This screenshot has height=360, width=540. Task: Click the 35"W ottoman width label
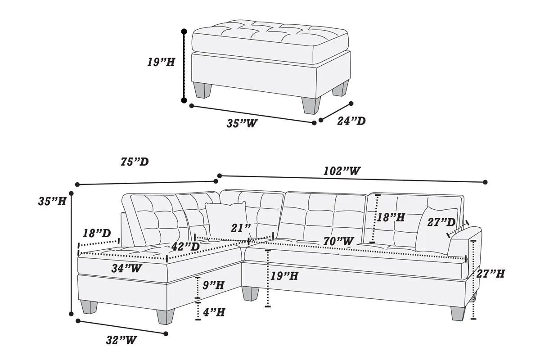pos(242,123)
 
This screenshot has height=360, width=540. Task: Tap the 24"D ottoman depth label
pos(351,121)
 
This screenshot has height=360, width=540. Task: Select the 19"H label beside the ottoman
pos(161,62)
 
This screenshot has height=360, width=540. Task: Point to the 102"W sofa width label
pos(342,171)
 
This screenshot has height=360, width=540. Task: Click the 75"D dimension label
pos(135,162)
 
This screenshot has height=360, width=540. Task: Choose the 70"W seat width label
pos(338,242)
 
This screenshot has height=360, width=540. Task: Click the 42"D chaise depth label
pos(185,247)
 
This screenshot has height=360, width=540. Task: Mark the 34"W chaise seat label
pos(127,269)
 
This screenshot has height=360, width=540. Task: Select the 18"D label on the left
pos(97,234)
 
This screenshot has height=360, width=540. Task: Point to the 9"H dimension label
pos(213,285)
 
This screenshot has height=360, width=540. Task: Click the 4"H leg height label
pos(213,312)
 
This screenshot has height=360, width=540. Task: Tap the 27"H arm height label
pos(490,273)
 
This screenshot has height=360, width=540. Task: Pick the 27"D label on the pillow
pos(441,222)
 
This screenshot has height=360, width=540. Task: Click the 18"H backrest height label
pos(391,217)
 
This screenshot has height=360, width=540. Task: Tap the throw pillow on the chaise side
pos(225,219)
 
